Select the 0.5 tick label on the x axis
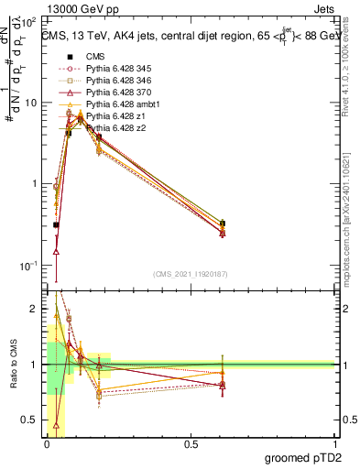191,444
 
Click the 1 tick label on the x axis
333,444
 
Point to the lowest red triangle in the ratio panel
57,425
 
